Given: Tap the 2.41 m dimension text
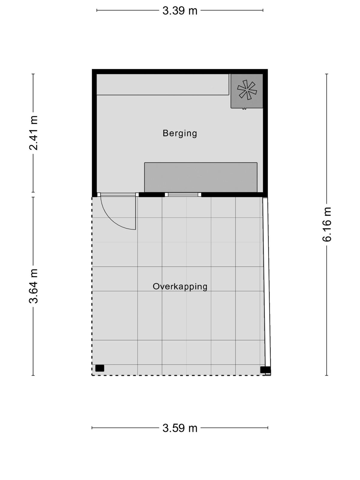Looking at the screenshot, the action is click(34, 133).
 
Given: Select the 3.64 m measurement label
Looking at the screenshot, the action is click(34, 286).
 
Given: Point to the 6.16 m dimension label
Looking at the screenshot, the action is click(327, 224).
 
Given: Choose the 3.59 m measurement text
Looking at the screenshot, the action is click(180, 428).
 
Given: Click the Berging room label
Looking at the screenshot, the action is click(180, 133).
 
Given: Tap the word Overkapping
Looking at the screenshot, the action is click(180, 287).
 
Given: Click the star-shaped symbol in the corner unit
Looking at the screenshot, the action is click(247, 90).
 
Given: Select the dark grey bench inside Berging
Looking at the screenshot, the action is click(201, 177).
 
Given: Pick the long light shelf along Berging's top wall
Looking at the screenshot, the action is click(163, 84).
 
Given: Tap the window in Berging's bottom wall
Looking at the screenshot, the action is click(183, 195).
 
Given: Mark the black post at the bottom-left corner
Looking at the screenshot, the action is click(100, 368).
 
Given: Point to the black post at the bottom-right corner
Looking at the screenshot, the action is click(265, 370).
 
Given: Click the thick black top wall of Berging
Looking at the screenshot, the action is click(180, 71).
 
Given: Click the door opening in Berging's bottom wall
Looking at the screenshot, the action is click(118, 195).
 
